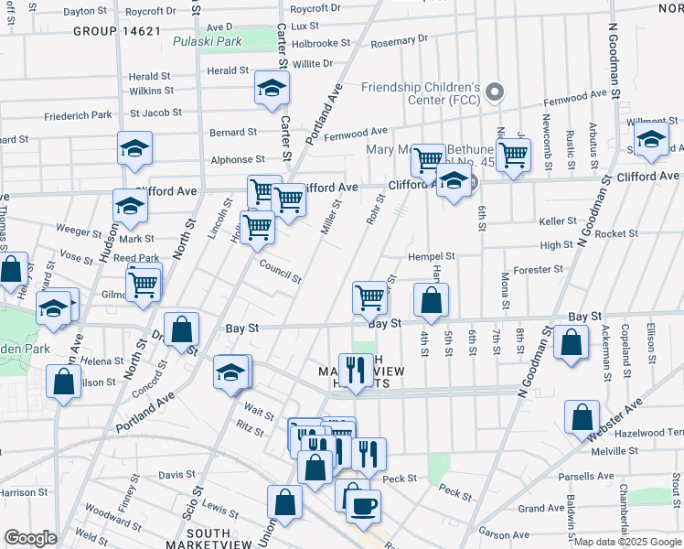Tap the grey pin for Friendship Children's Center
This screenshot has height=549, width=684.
(495, 92)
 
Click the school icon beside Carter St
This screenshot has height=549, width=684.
(272, 89)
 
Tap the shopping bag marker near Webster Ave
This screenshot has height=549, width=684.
(582, 417)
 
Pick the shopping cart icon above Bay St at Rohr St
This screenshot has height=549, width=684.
(369, 296)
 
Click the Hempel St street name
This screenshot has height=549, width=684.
(431, 257)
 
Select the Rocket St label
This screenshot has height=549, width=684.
(609, 234)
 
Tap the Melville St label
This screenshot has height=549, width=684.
(613, 451)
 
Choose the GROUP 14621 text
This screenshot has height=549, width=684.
(118, 31)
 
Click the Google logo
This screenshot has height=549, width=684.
(30, 538)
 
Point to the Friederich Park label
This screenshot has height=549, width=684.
(77, 115)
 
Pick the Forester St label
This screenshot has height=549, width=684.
(538, 270)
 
